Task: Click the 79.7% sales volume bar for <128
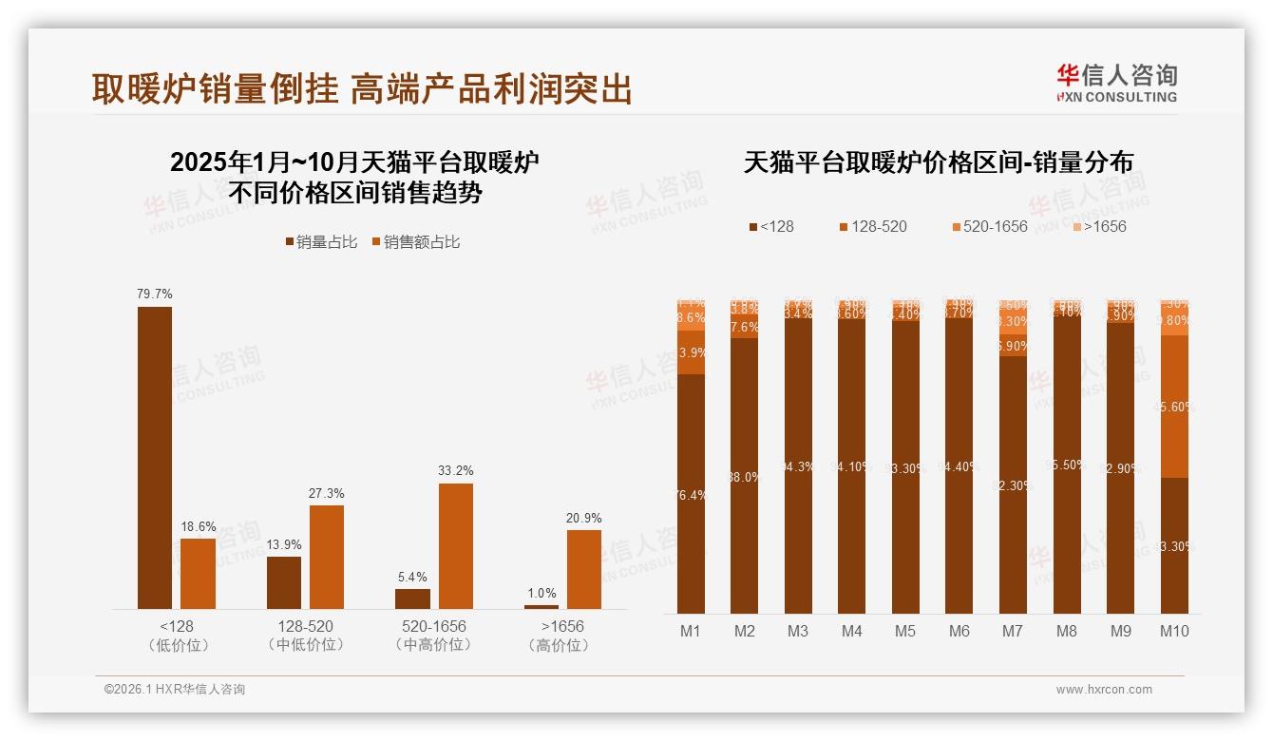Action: pyautogui.click(x=155, y=457)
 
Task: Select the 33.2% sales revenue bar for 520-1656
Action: pyautogui.click(x=455, y=546)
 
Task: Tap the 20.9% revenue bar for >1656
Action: pyautogui.click(x=583, y=569)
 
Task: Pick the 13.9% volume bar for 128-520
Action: pyautogui.click(x=283, y=582)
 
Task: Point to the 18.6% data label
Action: pyautogui.click(x=198, y=526)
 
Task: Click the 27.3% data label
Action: pyautogui.click(x=327, y=493)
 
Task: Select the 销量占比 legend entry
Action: pyautogui.click(x=321, y=242)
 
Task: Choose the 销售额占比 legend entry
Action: pyautogui.click(x=415, y=242)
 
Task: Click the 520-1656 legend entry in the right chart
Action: pyautogui.click(x=989, y=227)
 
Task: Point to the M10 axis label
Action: pyautogui.click(x=1174, y=631)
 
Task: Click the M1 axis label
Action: pyautogui.click(x=691, y=631)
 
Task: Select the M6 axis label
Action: pyautogui.click(x=959, y=631)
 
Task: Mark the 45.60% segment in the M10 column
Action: pyautogui.click(x=1174, y=407)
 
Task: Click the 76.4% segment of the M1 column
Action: pyautogui.click(x=691, y=494)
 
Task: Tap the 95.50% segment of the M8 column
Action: pyautogui.click(x=1067, y=465)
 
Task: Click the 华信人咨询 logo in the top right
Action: pyautogui.click(x=1116, y=84)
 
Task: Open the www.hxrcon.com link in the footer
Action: pyautogui.click(x=1104, y=690)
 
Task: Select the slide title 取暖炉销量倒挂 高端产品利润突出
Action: pyautogui.click(x=362, y=88)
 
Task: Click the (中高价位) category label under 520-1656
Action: pyautogui.click(x=433, y=645)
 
